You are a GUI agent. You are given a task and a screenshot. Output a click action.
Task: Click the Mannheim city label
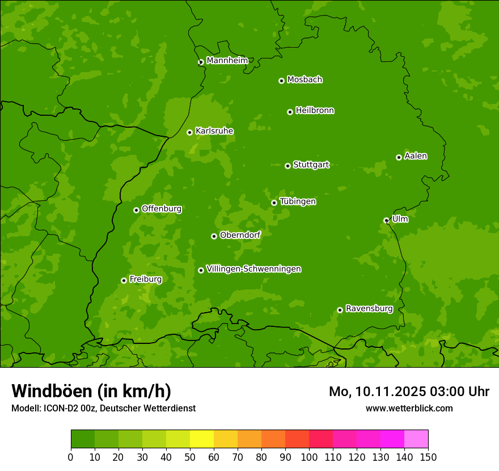227,61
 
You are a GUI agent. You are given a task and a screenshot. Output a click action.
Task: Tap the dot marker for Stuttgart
287,166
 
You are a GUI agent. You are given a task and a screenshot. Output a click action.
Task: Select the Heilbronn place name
315,111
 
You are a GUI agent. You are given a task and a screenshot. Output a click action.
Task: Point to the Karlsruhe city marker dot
189,132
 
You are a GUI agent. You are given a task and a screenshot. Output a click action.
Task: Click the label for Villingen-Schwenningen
253,269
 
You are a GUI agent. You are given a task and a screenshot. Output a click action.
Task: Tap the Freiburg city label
145,279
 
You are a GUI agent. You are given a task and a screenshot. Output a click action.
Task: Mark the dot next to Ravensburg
340,310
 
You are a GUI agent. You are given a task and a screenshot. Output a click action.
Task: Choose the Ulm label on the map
400,219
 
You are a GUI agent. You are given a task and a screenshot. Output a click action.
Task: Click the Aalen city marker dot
399,157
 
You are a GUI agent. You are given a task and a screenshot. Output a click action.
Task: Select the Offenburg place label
162,209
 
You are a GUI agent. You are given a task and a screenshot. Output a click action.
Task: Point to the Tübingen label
298,201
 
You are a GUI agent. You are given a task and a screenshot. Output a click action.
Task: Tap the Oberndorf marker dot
214,236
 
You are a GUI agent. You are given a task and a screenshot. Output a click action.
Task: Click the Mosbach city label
305,80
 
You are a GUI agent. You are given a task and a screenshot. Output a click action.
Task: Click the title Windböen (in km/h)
91,391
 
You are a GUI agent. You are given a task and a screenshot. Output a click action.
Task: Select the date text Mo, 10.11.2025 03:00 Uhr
409,392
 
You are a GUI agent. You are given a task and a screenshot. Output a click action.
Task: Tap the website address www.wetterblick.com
409,408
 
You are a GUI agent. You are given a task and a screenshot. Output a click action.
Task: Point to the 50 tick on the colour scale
190,457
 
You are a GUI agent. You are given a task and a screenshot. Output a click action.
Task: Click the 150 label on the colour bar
428,457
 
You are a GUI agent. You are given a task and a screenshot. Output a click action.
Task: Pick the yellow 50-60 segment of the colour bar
202,439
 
